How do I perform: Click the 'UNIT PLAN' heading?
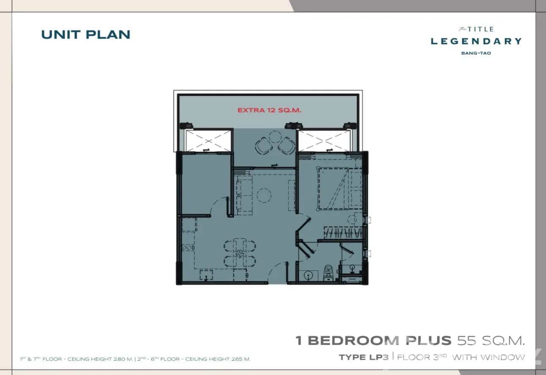[x=85, y=34]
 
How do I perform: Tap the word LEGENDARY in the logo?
[x=476, y=41]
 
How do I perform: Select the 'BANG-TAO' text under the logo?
[x=476, y=53]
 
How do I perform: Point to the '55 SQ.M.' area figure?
[x=491, y=340]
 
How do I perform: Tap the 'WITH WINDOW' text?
[x=488, y=357]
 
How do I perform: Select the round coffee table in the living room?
[x=264, y=195]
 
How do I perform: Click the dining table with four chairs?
[x=240, y=253]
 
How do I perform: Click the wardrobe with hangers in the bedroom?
[x=343, y=233]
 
